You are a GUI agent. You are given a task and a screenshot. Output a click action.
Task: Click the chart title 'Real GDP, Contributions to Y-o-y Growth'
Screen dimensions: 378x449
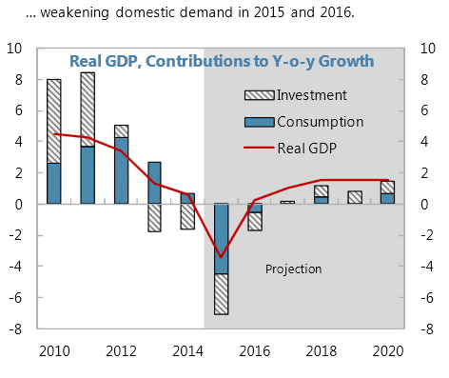[x=221, y=61]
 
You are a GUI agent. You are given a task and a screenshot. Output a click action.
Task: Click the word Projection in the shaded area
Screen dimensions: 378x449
[x=293, y=269]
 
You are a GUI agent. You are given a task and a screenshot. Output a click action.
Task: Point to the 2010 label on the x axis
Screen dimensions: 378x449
[x=54, y=350]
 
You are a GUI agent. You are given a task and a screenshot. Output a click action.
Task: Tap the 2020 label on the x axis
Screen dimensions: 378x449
[x=388, y=350]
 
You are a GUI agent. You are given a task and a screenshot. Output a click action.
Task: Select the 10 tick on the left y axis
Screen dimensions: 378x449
[x=16, y=49]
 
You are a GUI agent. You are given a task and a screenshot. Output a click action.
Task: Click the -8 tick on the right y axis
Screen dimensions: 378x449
[x=428, y=329]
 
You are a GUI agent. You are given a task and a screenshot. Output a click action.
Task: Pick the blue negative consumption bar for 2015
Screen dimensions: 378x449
[x=222, y=239]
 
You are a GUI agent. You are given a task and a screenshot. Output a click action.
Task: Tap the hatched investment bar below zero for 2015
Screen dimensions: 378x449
[x=222, y=294]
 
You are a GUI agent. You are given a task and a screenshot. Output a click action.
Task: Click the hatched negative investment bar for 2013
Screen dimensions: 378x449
[x=155, y=217]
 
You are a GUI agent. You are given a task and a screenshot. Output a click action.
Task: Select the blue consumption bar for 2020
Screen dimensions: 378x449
[x=387, y=198]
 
